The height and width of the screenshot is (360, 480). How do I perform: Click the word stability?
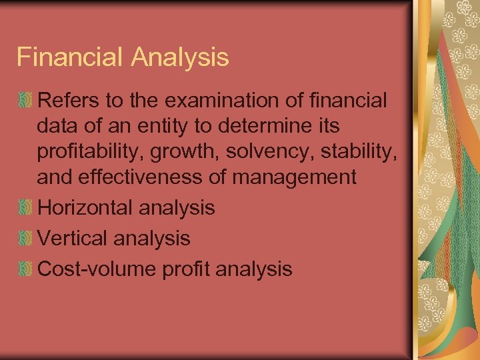click(x=357, y=151)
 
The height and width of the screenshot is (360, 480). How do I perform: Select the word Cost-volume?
click(x=96, y=269)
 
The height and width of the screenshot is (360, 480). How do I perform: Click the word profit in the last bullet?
click(x=179, y=269)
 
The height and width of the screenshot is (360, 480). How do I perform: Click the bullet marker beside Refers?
click(x=25, y=101)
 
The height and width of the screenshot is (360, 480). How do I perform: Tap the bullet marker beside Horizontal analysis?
click(x=25, y=208)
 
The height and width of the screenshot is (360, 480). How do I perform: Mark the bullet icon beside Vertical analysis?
click(x=25, y=239)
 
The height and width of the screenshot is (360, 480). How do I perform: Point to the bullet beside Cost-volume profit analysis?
click(x=25, y=269)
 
